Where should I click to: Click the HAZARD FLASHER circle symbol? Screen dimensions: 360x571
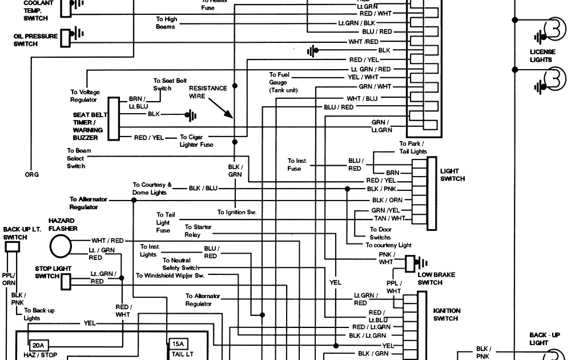tap(61, 246)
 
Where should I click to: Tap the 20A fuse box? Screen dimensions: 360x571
tap(38, 345)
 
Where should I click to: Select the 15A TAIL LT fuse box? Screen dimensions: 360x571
tap(178, 344)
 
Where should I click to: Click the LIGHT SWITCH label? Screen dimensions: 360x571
tap(452, 175)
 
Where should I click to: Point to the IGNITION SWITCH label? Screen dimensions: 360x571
tap(447, 314)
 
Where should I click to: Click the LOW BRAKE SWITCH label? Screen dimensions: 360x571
tap(436, 278)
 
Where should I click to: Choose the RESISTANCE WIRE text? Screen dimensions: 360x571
tap(208, 92)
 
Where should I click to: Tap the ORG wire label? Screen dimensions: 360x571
tap(31, 175)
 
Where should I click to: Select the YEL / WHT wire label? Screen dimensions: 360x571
tap(363, 77)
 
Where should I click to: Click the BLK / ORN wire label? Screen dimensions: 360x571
tap(387, 200)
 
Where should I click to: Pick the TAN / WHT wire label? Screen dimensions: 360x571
tap(389, 218)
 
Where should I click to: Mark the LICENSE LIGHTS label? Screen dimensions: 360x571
tap(541, 55)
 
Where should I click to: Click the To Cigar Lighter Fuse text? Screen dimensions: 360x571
tap(196, 141)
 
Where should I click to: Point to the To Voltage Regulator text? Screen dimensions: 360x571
tap(85, 95)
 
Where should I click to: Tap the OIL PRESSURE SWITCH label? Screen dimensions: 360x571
tap(35, 39)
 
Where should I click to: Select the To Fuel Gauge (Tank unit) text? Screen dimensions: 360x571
tap(283, 82)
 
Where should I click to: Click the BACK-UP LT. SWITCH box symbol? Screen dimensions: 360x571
tap(12, 247)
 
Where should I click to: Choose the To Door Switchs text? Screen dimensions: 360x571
tap(380, 234)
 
